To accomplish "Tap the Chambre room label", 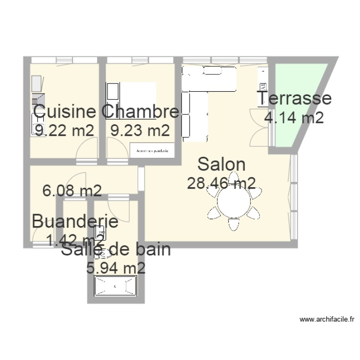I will [141, 112].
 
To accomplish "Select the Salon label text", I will [221, 164].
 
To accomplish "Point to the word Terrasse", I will [295, 98].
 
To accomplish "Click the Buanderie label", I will [75, 222].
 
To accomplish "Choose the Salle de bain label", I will [116, 250].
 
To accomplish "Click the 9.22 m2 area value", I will [64, 130].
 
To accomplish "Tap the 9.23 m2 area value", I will [140, 130].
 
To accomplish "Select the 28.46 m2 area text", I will [221, 182].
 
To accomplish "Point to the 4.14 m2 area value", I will [294, 117].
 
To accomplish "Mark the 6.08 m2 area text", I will [72, 191].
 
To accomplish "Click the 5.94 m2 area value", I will [115, 268].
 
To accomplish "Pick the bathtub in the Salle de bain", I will [115, 287].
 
